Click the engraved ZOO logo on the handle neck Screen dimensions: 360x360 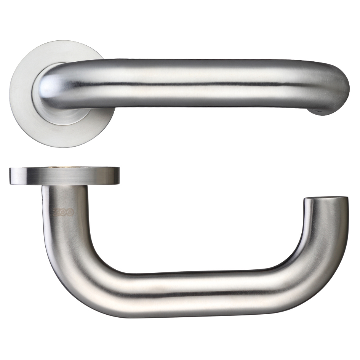[63, 212]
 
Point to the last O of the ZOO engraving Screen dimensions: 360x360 [70, 212]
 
